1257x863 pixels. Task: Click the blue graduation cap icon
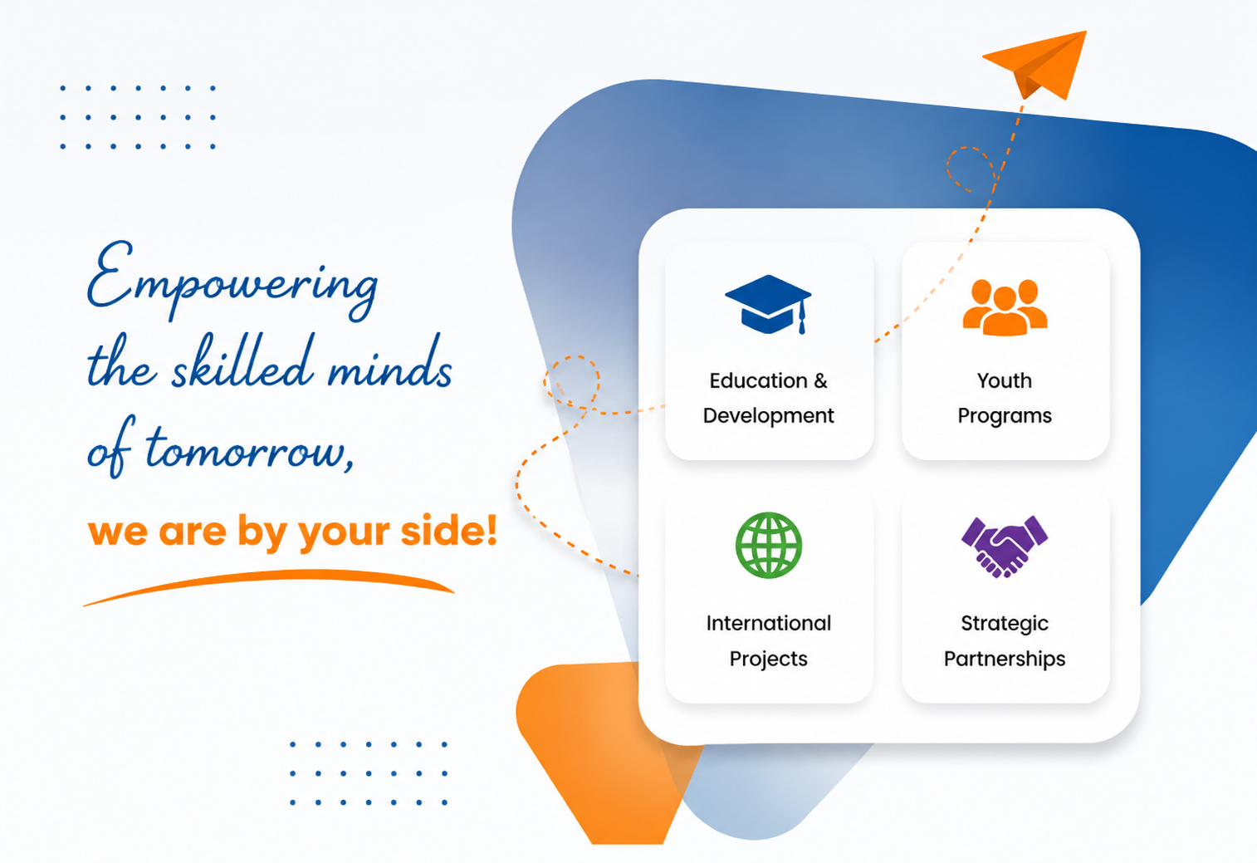[x=768, y=304]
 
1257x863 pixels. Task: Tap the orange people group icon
[x=1005, y=307]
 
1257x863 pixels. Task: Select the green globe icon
[x=769, y=545]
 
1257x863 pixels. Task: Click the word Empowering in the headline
[x=232, y=281]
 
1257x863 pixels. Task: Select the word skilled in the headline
[x=242, y=362]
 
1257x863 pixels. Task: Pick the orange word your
[x=344, y=533]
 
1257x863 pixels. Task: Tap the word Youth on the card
[x=1005, y=380]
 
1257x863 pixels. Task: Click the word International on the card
[x=769, y=623]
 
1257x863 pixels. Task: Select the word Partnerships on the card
[x=1005, y=660]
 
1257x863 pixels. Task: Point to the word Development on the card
[x=768, y=416]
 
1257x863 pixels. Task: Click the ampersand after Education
[x=820, y=381]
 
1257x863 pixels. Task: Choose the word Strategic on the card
[x=1005, y=624]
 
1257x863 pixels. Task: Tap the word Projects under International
[x=769, y=660]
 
